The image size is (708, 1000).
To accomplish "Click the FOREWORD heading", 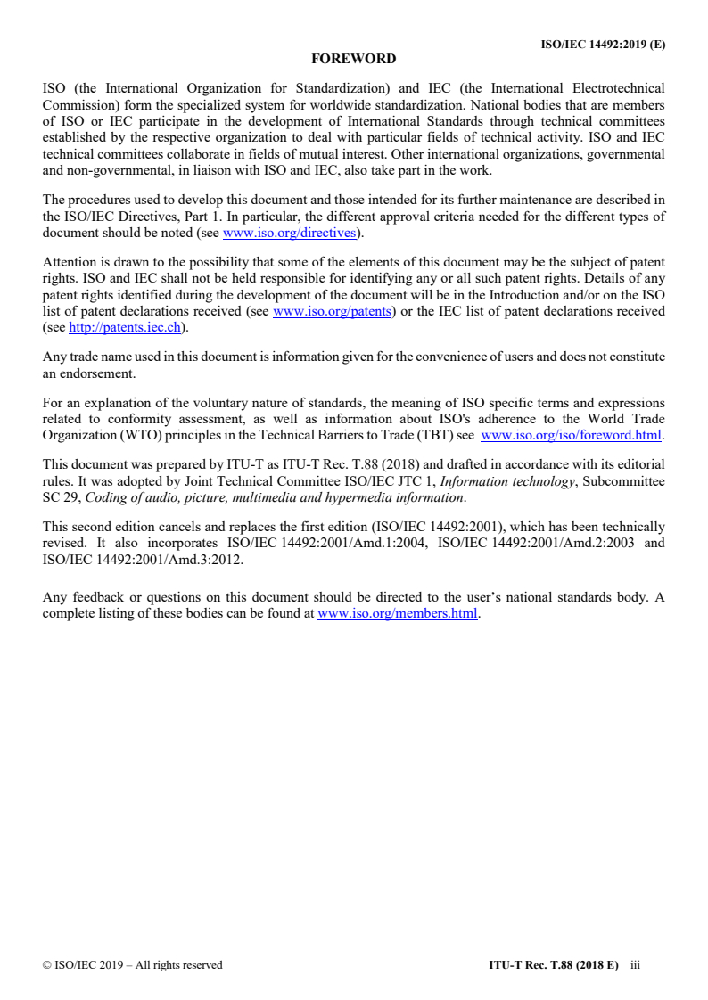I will click(x=353, y=60).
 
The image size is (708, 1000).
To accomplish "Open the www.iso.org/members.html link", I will click(x=398, y=614).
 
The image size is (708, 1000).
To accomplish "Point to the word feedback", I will click(x=98, y=599).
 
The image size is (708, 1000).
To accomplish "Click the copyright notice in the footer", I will click(x=133, y=964).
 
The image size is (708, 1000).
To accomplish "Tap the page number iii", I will click(x=635, y=964).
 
